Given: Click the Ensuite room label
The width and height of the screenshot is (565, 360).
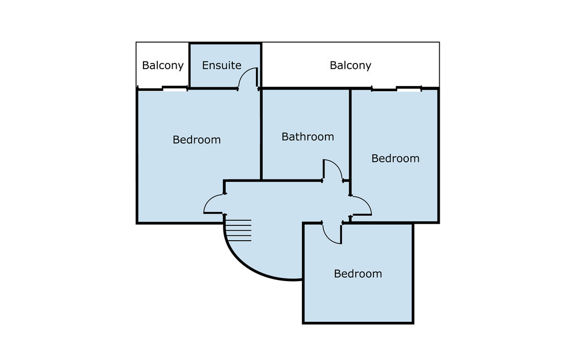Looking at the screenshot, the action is tap(222, 65).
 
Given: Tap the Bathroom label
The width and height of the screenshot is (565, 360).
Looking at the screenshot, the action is tap(308, 137).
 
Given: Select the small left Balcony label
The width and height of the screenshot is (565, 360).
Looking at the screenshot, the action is tap(163, 66).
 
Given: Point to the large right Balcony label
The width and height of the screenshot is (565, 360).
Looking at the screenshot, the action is tap(350, 66).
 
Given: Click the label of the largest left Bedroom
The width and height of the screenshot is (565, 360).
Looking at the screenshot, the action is tap(197, 140).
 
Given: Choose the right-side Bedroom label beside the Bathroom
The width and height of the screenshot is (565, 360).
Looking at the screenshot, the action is tap(396, 158).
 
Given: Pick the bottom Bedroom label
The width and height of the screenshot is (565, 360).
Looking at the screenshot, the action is tap(358, 274).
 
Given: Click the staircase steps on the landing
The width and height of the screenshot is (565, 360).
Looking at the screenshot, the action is tap(238, 230).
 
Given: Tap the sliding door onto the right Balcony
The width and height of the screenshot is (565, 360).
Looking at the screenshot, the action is tap(396, 88).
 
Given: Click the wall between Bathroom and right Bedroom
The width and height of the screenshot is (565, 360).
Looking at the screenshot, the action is tap(350, 134).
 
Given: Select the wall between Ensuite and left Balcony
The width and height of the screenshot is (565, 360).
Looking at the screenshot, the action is tap(190, 65).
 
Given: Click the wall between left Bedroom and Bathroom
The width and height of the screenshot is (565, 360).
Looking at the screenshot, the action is tap(261, 134).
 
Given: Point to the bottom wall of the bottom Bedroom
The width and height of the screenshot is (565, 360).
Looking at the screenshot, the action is tap(358, 322).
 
